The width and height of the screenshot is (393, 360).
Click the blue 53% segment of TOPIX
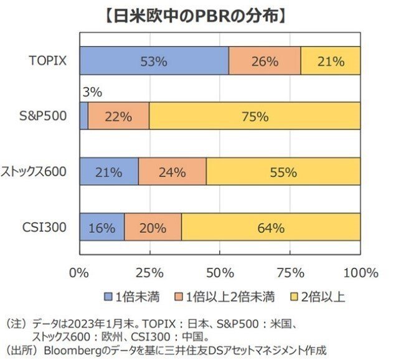click(154, 61)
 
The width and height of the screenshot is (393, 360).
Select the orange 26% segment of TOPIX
click(265, 61)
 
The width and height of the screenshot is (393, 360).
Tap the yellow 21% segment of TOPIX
click(331, 61)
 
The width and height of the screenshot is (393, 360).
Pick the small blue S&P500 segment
click(84, 116)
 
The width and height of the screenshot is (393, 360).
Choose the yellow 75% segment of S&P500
click(254, 116)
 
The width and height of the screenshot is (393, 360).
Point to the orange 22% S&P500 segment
click(118, 116)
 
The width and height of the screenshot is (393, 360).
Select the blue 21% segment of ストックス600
click(109, 172)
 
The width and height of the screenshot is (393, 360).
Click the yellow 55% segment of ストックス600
click(283, 172)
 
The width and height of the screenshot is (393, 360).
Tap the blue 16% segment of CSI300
click(102, 227)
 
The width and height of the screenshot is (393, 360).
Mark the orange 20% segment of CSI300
click(153, 227)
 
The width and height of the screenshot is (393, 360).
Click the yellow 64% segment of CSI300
click(271, 227)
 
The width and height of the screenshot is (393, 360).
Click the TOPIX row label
click(48, 61)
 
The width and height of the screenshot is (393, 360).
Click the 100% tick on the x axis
click(359, 272)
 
